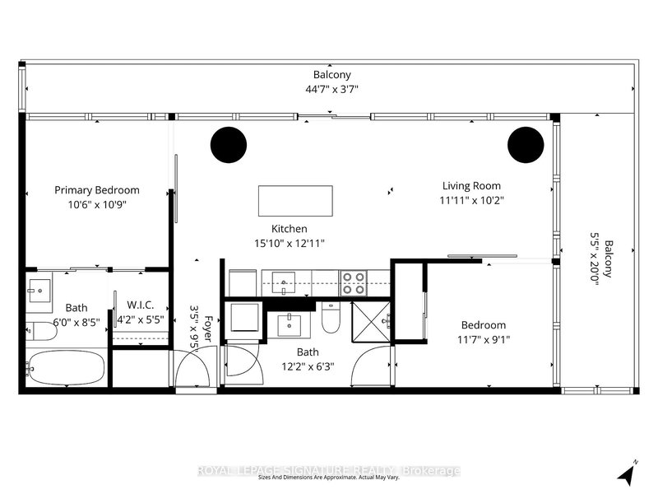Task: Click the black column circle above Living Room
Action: [525, 145]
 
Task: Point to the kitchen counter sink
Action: [285, 283]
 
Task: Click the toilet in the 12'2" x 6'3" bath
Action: [331, 319]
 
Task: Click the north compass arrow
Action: [629, 473]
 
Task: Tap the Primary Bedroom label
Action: [97, 190]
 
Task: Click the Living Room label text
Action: [471, 186]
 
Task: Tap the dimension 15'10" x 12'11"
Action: [290, 244]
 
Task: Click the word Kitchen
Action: [290, 229]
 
